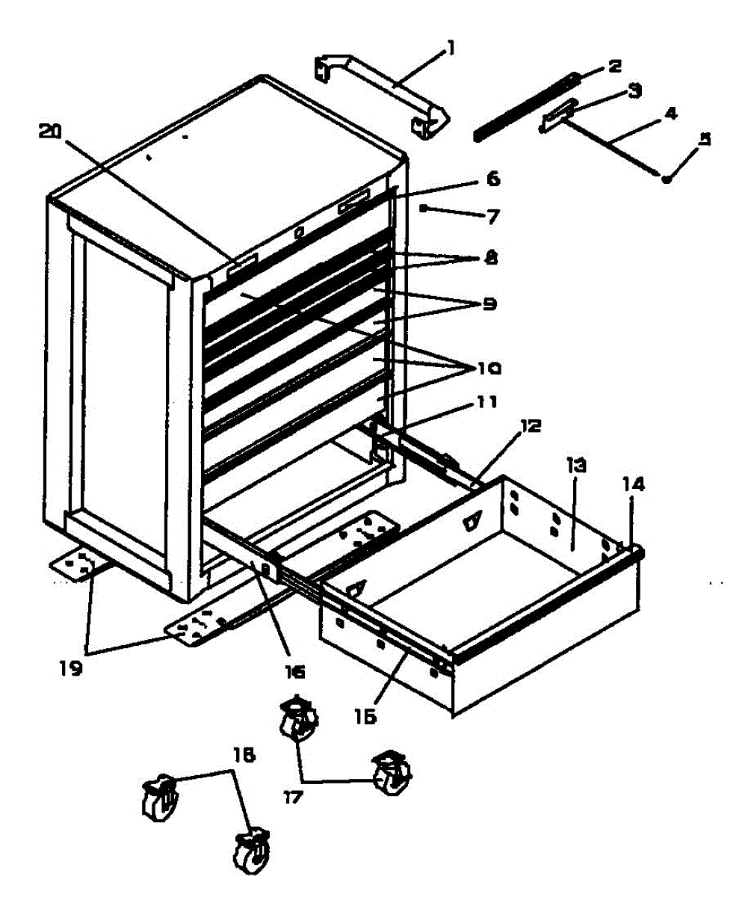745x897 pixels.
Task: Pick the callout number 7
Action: pos(492,217)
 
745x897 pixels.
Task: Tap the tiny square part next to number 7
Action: pos(423,209)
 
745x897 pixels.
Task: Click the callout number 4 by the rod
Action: pos(670,114)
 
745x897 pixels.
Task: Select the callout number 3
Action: pos(634,90)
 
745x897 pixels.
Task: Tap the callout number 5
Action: pos(703,139)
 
